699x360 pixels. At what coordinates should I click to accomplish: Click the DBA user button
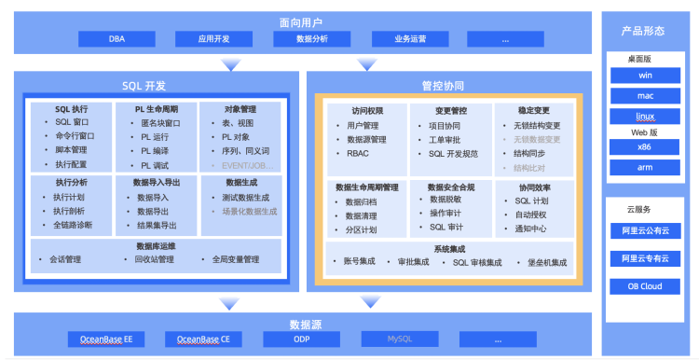coord(116,39)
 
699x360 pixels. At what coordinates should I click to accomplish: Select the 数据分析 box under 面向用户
coord(311,39)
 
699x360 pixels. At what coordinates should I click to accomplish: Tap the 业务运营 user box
coord(410,39)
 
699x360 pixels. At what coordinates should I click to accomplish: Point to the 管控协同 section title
coord(443,85)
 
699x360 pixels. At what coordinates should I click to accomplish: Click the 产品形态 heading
coord(643,31)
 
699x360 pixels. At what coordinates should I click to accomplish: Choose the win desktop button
coord(644,75)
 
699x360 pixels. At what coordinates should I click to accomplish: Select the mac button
coord(644,95)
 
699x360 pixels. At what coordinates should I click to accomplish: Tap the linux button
coord(644,117)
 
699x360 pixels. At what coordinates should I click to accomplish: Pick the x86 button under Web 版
coord(644,147)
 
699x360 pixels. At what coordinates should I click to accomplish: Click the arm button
coord(644,168)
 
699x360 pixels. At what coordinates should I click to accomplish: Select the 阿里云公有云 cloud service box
coord(644,229)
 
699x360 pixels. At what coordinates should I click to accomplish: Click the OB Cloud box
coord(644,286)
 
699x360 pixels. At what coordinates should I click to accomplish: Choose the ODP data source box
coord(301,339)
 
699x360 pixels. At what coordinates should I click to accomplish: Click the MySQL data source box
coord(399,339)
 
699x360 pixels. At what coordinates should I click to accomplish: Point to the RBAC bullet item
coord(358,154)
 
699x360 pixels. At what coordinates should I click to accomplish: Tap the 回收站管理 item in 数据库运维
coord(154,259)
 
